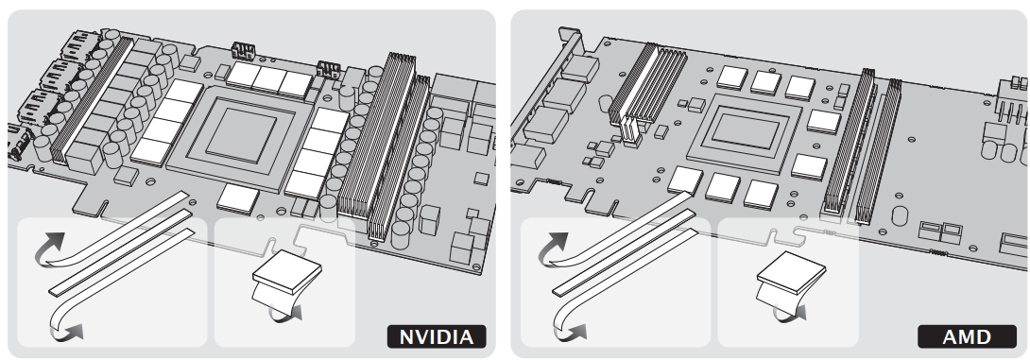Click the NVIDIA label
(437, 337)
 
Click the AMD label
(967, 337)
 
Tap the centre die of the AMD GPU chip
(745, 130)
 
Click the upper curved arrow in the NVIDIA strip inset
(50, 249)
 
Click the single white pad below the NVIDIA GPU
(238, 197)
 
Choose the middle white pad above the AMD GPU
(766, 82)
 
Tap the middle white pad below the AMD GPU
(723, 186)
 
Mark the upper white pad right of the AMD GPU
(824, 121)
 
